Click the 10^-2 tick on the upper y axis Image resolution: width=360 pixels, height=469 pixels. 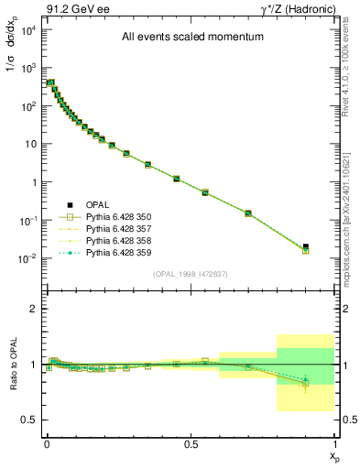pyautogui.click(x=28, y=259)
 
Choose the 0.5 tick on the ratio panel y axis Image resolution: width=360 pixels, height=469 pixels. pyautogui.click(x=31, y=420)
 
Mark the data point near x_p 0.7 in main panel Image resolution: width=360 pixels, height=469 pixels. pyautogui.click(x=248, y=213)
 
